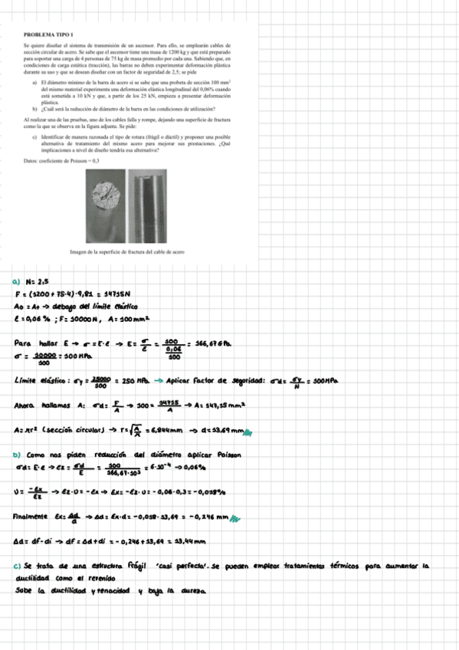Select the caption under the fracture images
click(126, 251)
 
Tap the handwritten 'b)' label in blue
click(18, 454)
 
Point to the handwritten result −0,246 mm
click(210, 519)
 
